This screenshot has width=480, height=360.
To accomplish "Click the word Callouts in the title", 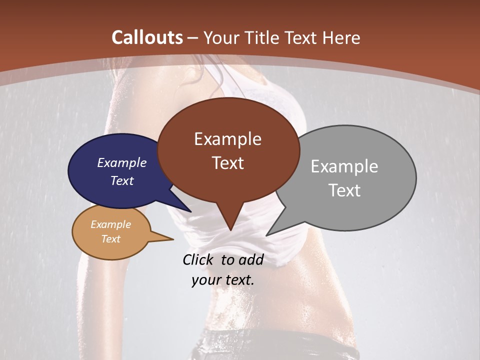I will (147, 37).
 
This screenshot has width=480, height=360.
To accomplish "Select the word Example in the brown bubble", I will (227, 139).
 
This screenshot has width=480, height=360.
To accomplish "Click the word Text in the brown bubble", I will (227, 163).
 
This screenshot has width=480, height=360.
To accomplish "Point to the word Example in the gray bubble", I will (344, 166).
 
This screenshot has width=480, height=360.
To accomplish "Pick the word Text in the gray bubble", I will (344, 190).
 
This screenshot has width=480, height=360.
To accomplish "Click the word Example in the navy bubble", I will (121, 163).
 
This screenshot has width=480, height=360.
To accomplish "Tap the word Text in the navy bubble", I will (121, 181).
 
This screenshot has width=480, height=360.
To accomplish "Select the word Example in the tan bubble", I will (110, 224).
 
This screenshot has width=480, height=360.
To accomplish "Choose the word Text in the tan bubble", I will (110, 239).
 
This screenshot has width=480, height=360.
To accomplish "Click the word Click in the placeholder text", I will (198, 259).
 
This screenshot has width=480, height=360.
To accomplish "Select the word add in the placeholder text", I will (250, 259).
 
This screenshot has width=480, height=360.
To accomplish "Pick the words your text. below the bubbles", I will (222, 280).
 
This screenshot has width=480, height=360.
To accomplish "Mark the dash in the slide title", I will (193, 38).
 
